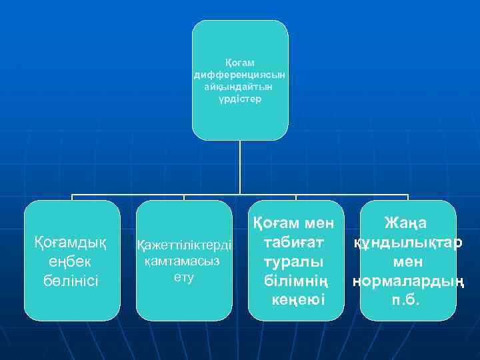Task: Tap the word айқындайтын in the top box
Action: [240, 87]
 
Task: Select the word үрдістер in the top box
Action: [240, 99]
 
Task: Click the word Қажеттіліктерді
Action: [184, 245]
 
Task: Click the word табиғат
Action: [295, 241]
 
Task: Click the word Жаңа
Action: [407, 223]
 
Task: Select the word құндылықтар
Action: [408, 241]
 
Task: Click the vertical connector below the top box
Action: [240, 167]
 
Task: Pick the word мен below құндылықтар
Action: [407, 261]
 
